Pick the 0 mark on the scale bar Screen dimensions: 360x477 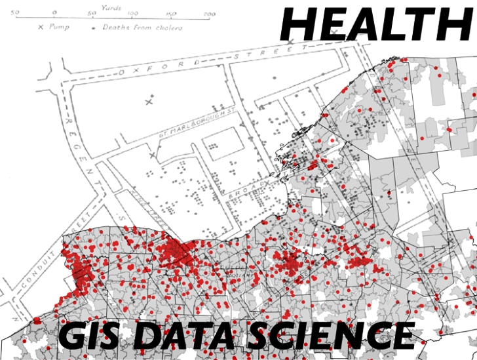[x=54, y=13]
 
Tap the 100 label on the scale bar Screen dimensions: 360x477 [x=132, y=13]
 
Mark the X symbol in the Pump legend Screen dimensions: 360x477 [x=41, y=28]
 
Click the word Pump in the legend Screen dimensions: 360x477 [x=59, y=28]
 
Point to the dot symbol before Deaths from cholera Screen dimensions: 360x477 [x=100, y=28]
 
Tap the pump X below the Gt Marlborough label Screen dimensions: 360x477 [x=153, y=155]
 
